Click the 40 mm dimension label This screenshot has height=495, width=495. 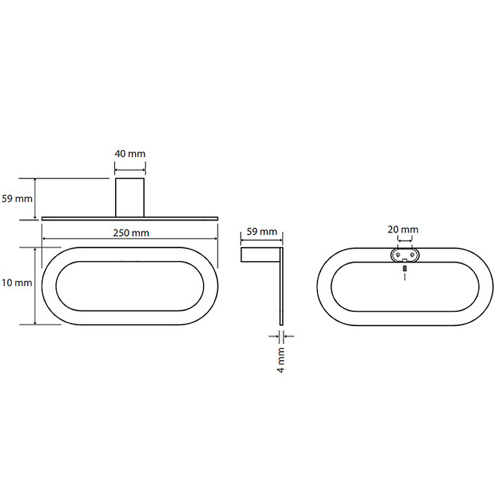[x=130, y=153]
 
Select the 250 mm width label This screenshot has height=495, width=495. [x=131, y=233]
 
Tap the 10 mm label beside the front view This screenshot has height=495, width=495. [x=17, y=283]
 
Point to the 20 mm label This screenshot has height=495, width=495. [x=403, y=230]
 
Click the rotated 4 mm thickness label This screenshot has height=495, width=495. [x=281, y=360]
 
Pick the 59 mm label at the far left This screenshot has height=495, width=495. [x=17, y=199]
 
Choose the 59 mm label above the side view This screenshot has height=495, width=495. [x=262, y=231]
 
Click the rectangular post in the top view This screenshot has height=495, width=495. [x=130, y=197]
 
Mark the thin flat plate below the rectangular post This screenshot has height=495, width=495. [x=130, y=218]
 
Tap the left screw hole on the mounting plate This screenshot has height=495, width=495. [x=398, y=254]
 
